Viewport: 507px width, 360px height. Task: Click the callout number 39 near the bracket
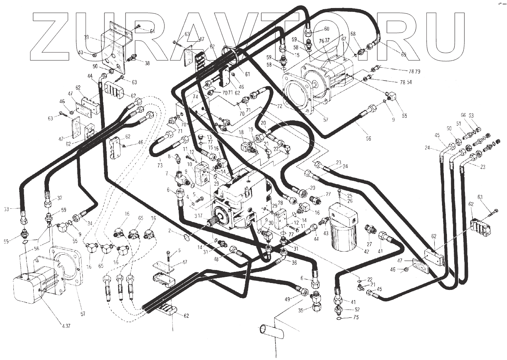point(86,37)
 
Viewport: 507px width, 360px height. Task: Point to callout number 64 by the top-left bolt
point(152,31)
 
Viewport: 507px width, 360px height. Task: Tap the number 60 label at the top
point(326,29)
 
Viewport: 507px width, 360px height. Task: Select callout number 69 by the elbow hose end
point(403,54)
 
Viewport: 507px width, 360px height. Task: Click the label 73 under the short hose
point(160,165)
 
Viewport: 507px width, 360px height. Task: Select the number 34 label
point(89,223)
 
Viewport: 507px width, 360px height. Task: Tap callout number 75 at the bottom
point(356,317)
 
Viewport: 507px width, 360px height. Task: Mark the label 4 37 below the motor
point(65,326)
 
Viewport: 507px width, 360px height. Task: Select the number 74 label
point(195,97)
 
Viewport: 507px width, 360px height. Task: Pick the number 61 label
point(247,74)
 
